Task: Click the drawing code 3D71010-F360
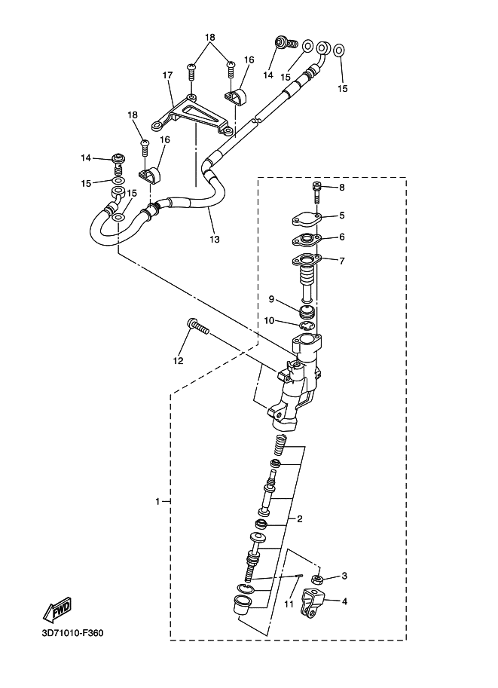pos(72,633)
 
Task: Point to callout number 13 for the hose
pos(215,240)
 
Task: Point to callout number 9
pos(270,299)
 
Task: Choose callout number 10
pos(269,320)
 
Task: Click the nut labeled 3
pos(318,579)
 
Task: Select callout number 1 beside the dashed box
pos(158,501)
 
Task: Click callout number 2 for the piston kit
pos(299,519)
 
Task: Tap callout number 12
pos(178,361)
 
